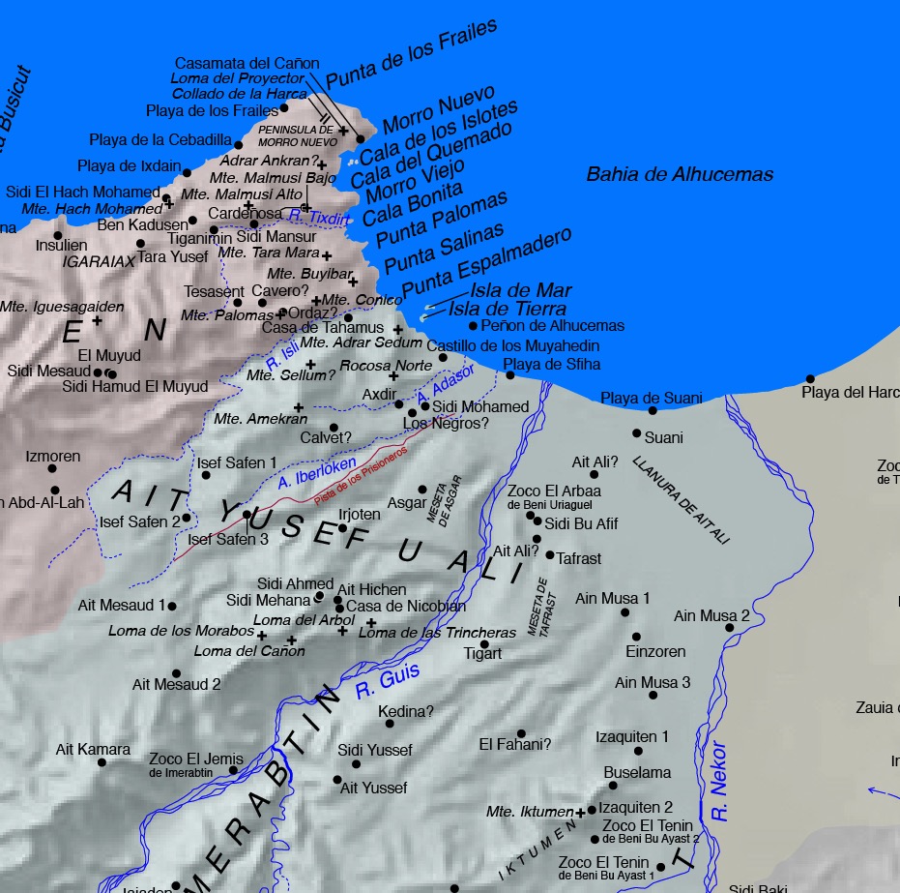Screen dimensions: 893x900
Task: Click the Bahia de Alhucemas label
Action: (680, 174)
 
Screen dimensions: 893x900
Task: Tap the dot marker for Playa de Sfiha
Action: (510, 374)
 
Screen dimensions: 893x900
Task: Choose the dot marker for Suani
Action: (637, 433)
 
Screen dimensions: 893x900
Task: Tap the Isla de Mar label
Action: (521, 290)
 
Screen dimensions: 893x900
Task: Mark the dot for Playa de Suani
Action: (653, 410)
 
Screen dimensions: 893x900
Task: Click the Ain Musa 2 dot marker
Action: (730, 628)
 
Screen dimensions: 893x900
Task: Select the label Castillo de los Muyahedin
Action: (512, 345)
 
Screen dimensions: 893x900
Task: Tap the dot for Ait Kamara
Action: (102, 762)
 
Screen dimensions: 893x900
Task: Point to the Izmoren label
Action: (53, 456)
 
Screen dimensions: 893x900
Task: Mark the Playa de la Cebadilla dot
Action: (239, 145)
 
